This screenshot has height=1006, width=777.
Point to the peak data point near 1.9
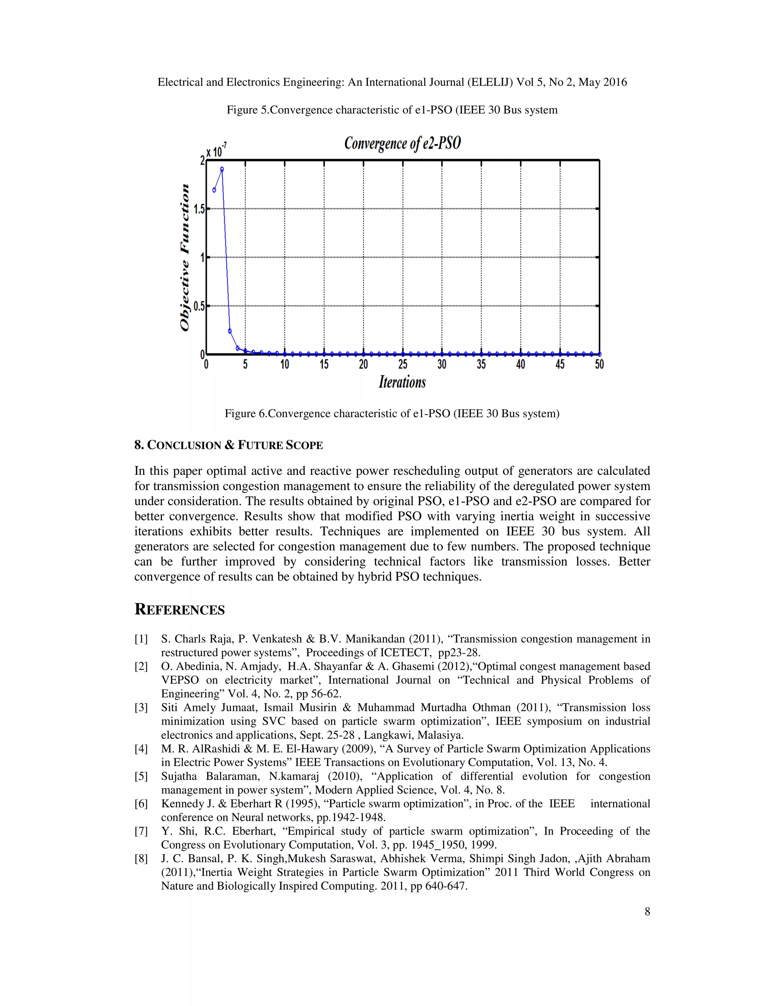(222, 169)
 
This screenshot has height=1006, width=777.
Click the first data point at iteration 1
(214, 190)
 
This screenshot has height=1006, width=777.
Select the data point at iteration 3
(230, 331)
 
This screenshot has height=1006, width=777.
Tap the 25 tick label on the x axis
(403, 365)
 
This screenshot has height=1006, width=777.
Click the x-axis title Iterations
(402, 382)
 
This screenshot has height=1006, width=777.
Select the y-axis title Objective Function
(185, 257)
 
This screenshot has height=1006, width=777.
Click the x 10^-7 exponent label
(216, 150)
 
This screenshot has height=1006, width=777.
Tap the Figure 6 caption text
(392, 414)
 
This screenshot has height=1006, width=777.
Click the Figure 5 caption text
(392, 110)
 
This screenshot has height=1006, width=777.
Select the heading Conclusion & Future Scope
(229, 445)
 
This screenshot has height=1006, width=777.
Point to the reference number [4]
(141, 749)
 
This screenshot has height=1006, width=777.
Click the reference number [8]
(141, 859)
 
